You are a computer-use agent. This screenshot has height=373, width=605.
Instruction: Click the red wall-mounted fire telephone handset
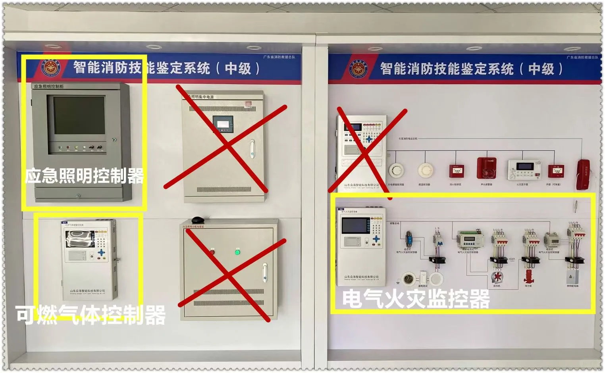583,174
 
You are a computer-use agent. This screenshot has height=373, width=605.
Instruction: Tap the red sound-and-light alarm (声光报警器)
486,168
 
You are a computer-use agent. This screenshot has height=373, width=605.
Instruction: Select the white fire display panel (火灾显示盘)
524,169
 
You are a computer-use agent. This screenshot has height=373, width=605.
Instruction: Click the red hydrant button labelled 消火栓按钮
457,171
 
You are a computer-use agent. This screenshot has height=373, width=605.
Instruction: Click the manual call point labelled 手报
556,171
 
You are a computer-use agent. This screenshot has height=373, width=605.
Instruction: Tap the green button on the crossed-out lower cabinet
237,252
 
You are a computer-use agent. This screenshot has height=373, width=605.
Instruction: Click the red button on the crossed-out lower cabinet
212,252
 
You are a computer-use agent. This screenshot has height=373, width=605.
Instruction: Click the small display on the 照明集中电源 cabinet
223,124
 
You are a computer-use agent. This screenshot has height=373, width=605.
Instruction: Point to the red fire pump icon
528,276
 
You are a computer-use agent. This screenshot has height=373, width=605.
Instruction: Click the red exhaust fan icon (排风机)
497,277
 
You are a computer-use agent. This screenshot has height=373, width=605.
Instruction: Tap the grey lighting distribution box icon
572,276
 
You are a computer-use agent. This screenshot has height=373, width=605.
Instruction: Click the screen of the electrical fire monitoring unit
355,226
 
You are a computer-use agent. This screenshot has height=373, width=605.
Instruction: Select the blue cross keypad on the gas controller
102,252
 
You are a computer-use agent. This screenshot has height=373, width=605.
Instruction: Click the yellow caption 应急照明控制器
84,176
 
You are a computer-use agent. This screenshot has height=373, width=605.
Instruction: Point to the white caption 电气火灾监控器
416,299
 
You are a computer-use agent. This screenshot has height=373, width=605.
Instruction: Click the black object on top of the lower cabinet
197,219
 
